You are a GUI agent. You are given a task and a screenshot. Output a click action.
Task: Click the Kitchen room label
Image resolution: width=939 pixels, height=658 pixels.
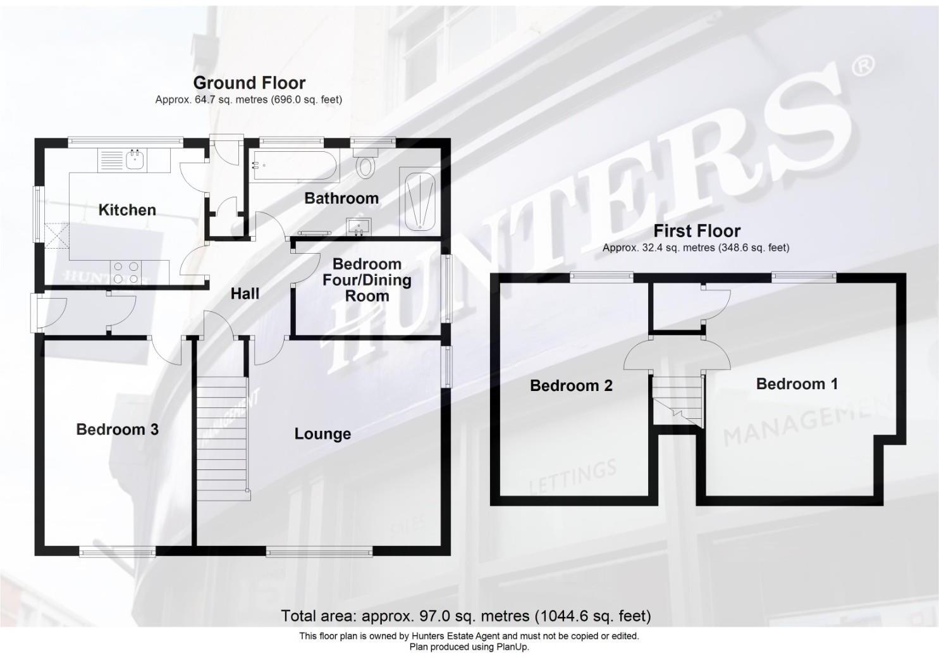[x=127, y=210]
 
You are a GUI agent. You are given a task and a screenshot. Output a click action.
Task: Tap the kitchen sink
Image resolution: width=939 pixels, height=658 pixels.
[x=135, y=160]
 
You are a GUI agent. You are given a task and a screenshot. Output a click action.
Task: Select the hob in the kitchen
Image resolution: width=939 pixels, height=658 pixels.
[x=125, y=273]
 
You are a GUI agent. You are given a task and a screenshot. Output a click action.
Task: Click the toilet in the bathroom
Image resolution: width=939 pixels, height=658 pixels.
[x=365, y=166]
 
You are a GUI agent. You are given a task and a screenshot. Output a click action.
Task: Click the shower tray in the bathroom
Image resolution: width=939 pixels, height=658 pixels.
[x=419, y=201]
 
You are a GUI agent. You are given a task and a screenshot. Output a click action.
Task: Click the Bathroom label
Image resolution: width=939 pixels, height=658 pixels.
[x=341, y=199]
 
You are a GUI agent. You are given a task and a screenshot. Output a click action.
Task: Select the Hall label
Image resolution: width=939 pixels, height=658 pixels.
[x=245, y=294]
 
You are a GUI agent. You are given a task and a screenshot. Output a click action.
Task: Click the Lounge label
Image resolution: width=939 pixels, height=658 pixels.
[x=322, y=434]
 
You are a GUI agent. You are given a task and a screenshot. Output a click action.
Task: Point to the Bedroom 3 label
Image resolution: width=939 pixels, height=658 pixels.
[x=117, y=430]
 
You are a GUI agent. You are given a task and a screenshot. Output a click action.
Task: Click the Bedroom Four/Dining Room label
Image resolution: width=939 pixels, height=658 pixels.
[x=367, y=280]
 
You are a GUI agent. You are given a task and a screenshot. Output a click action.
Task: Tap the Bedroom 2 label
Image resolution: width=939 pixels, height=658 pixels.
[x=571, y=385]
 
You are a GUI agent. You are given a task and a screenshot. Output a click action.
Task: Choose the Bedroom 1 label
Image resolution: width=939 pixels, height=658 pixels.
[x=797, y=384]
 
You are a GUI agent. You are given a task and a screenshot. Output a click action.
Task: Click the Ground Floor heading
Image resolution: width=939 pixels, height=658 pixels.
[x=249, y=83]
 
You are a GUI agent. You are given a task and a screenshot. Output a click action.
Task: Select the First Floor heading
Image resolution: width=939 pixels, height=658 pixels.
[x=697, y=231]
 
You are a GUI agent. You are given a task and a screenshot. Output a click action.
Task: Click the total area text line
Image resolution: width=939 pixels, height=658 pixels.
[x=465, y=616]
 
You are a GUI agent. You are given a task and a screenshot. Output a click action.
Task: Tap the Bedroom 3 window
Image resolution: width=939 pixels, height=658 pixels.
[x=118, y=552]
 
